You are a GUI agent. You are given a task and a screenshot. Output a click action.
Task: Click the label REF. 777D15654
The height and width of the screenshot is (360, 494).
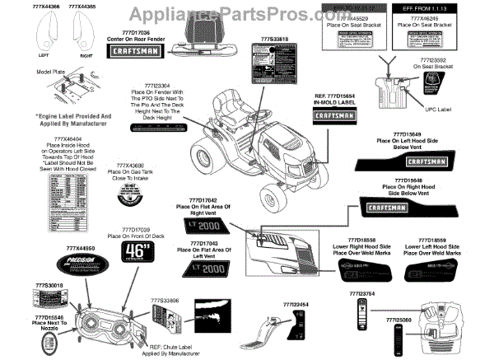335,96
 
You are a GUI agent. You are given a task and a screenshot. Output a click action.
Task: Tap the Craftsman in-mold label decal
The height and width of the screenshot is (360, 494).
335,116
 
